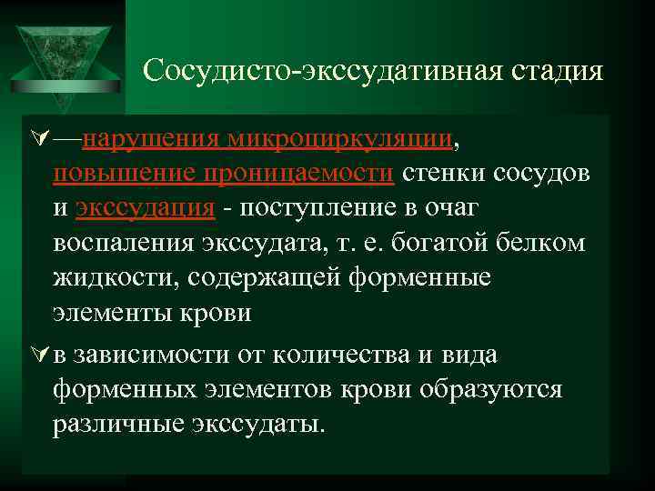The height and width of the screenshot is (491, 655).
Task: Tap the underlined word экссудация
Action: point(146,208)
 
